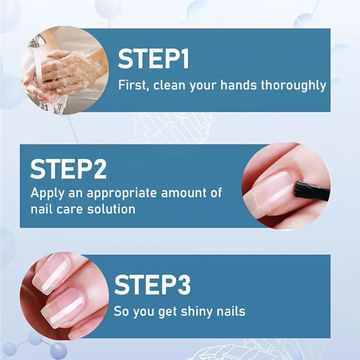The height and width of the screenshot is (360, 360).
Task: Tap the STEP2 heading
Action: click(x=68, y=169)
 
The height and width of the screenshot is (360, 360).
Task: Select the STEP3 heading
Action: click(x=153, y=285)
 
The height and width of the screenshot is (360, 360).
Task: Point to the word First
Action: click(x=132, y=85)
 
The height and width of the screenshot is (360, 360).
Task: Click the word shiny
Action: click(x=194, y=311)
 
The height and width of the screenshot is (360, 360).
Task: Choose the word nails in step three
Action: click(x=230, y=311)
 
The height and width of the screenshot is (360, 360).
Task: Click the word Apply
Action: click(x=46, y=194)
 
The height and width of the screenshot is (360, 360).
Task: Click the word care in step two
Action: click(x=73, y=209)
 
